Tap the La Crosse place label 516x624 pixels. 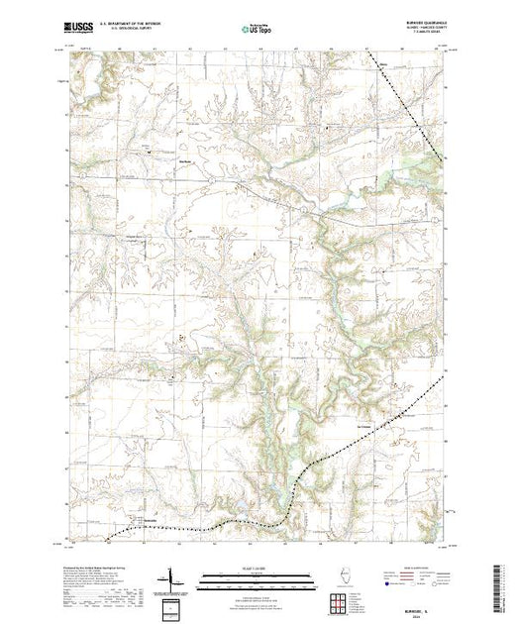(x=362, y=427)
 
